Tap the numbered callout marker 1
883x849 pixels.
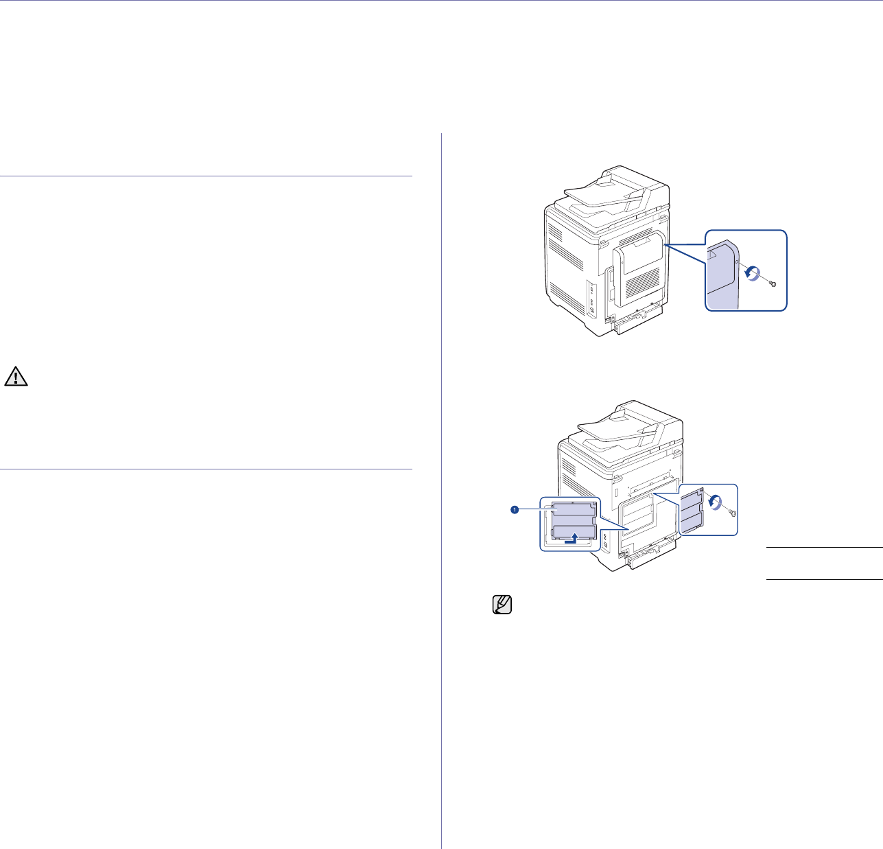click(x=513, y=509)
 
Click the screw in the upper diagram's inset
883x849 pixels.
click(x=773, y=283)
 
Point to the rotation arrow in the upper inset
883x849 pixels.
click(x=753, y=273)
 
